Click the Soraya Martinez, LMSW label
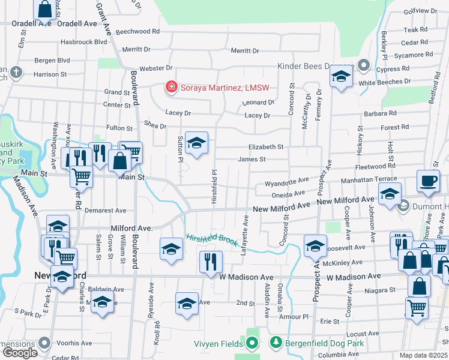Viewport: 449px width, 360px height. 224,88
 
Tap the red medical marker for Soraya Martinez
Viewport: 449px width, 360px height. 171,88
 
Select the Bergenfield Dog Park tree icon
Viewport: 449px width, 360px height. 276,343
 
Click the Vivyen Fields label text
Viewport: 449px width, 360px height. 218,343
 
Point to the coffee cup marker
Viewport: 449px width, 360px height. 428,181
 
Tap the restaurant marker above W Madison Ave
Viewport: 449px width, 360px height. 210,262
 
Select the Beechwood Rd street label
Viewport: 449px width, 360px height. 137,31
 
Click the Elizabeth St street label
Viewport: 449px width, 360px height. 265,146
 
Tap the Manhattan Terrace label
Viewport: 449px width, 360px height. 369,179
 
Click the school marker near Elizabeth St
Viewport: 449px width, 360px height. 196,143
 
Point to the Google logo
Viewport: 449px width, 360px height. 20,353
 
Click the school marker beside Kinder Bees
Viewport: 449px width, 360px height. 341,77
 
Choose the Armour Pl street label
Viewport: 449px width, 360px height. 294,316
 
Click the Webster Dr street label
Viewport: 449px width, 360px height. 155,68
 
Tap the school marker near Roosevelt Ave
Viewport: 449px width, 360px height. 315,246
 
